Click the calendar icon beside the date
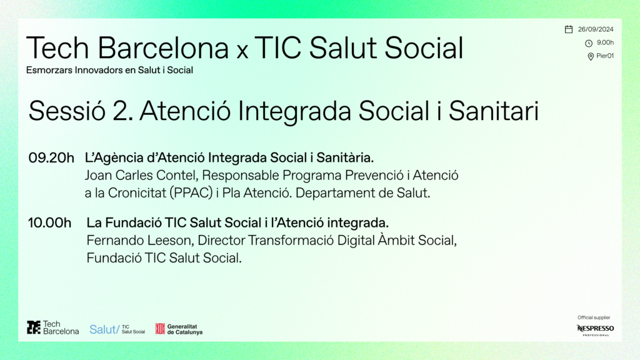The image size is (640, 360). pyautogui.click(x=569, y=29)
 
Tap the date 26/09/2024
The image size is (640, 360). pyautogui.click(x=596, y=29)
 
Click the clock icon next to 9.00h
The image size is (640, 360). pyautogui.click(x=589, y=43)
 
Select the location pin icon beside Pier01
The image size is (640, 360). pyautogui.click(x=591, y=57)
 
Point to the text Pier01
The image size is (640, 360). pyautogui.click(x=605, y=56)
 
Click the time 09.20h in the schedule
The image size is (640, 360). pyautogui.click(x=51, y=157)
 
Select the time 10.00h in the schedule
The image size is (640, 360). pyautogui.click(x=49, y=223)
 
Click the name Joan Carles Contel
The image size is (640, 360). pyautogui.click(x=140, y=175)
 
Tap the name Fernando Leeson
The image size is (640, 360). pyautogui.click(x=139, y=241)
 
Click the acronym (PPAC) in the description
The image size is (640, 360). pyautogui.click(x=191, y=192)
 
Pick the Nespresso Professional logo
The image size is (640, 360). pyautogui.click(x=595, y=330)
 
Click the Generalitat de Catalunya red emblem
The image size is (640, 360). pyautogui.click(x=160, y=329)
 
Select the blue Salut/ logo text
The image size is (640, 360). pyautogui.click(x=104, y=329)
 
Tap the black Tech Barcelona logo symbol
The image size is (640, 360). pyautogui.click(x=34, y=327)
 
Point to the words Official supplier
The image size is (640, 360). pyautogui.click(x=594, y=317)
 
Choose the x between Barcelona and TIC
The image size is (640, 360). pyautogui.click(x=242, y=51)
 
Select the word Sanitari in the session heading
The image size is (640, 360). pyautogui.click(x=494, y=111)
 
